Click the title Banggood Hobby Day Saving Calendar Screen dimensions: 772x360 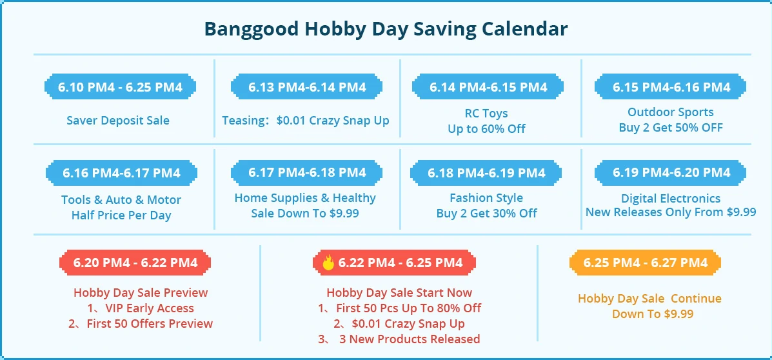pyautogui.click(x=386, y=28)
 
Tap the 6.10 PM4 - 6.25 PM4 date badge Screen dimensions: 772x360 pyautogui.click(x=120, y=87)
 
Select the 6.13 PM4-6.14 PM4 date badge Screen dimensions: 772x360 pyautogui.click(x=307, y=87)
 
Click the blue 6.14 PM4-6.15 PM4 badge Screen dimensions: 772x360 pyautogui.click(x=488, y=87)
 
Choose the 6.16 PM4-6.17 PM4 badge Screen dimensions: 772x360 pyautogui.click(x=121, y=173)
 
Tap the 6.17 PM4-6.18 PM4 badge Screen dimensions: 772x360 pyautogui.click(x=307, y=172)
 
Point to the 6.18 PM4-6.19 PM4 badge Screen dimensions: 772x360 pyautogui.click(x=486, y=173)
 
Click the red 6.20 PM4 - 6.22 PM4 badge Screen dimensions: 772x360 pyautogui.click(x=135, y=263)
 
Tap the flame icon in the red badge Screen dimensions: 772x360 pyautogui.click(x=328, y=263)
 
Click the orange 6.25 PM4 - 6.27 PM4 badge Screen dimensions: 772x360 pyautogui.click(x=645, y=263)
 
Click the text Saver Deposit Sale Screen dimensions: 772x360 pyautogui.click(x=117, y=120)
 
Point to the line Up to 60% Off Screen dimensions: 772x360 pyautogui.click(x=486, y=129)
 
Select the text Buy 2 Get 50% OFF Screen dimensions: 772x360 pyautogui.click(x=671, y=128)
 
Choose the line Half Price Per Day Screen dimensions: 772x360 pyautogui.click(x=121, y=215)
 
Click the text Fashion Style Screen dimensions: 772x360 pyautogui.click(x=486, y=198)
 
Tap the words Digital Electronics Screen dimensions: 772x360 pyautogui.click(x=671, y=199)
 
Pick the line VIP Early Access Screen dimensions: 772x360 pyautogui.click(x=141, y=308)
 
